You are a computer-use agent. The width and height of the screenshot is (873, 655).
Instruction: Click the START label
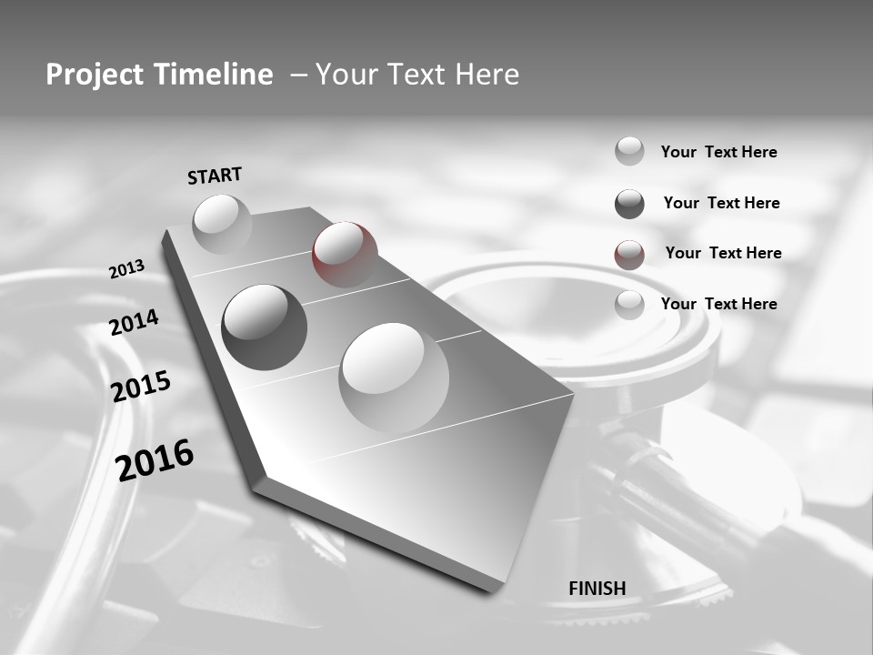[x=215, y=175]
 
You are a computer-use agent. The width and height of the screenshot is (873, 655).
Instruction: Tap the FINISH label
[x=597, y=589]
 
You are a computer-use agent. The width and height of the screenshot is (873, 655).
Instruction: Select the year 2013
[x=126, y=269]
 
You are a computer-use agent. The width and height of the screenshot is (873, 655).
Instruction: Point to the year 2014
[x=134, y=323]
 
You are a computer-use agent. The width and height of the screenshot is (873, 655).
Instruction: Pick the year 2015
[x=140, y=387]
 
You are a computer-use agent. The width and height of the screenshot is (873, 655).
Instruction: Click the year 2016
[x=155, y=459]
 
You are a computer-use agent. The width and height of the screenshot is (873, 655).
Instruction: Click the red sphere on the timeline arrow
[x=345, y=254]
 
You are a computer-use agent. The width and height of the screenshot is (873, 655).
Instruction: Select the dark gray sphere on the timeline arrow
[x=264, y=327]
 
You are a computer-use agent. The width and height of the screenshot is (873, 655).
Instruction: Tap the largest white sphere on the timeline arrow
[x=394, y=377]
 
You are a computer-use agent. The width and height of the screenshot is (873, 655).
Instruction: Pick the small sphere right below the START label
[x=222, y=223]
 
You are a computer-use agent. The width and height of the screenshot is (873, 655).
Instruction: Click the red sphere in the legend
[x=629, y=255]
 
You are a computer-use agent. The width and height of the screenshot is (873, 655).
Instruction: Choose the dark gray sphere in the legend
[x=629, y=204]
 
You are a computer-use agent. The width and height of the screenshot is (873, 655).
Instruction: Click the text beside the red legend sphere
[x=723, y=253]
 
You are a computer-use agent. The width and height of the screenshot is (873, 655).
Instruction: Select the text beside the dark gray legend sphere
[x=721, y=203]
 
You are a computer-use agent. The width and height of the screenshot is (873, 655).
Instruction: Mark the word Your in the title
[x=346, y=75]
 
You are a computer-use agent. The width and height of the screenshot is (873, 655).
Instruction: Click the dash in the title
[x=298, y=75]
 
